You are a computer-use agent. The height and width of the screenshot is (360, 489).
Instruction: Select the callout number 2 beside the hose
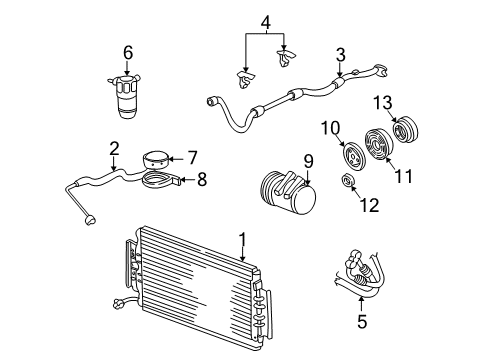click(x=114, y=149)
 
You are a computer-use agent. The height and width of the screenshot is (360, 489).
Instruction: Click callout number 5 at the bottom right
click(x=363, y=321)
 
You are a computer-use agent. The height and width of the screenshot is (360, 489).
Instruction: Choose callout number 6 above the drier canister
click(x=127, y=51)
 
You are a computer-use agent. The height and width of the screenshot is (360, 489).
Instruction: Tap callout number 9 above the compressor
click(x=308, y=159)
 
